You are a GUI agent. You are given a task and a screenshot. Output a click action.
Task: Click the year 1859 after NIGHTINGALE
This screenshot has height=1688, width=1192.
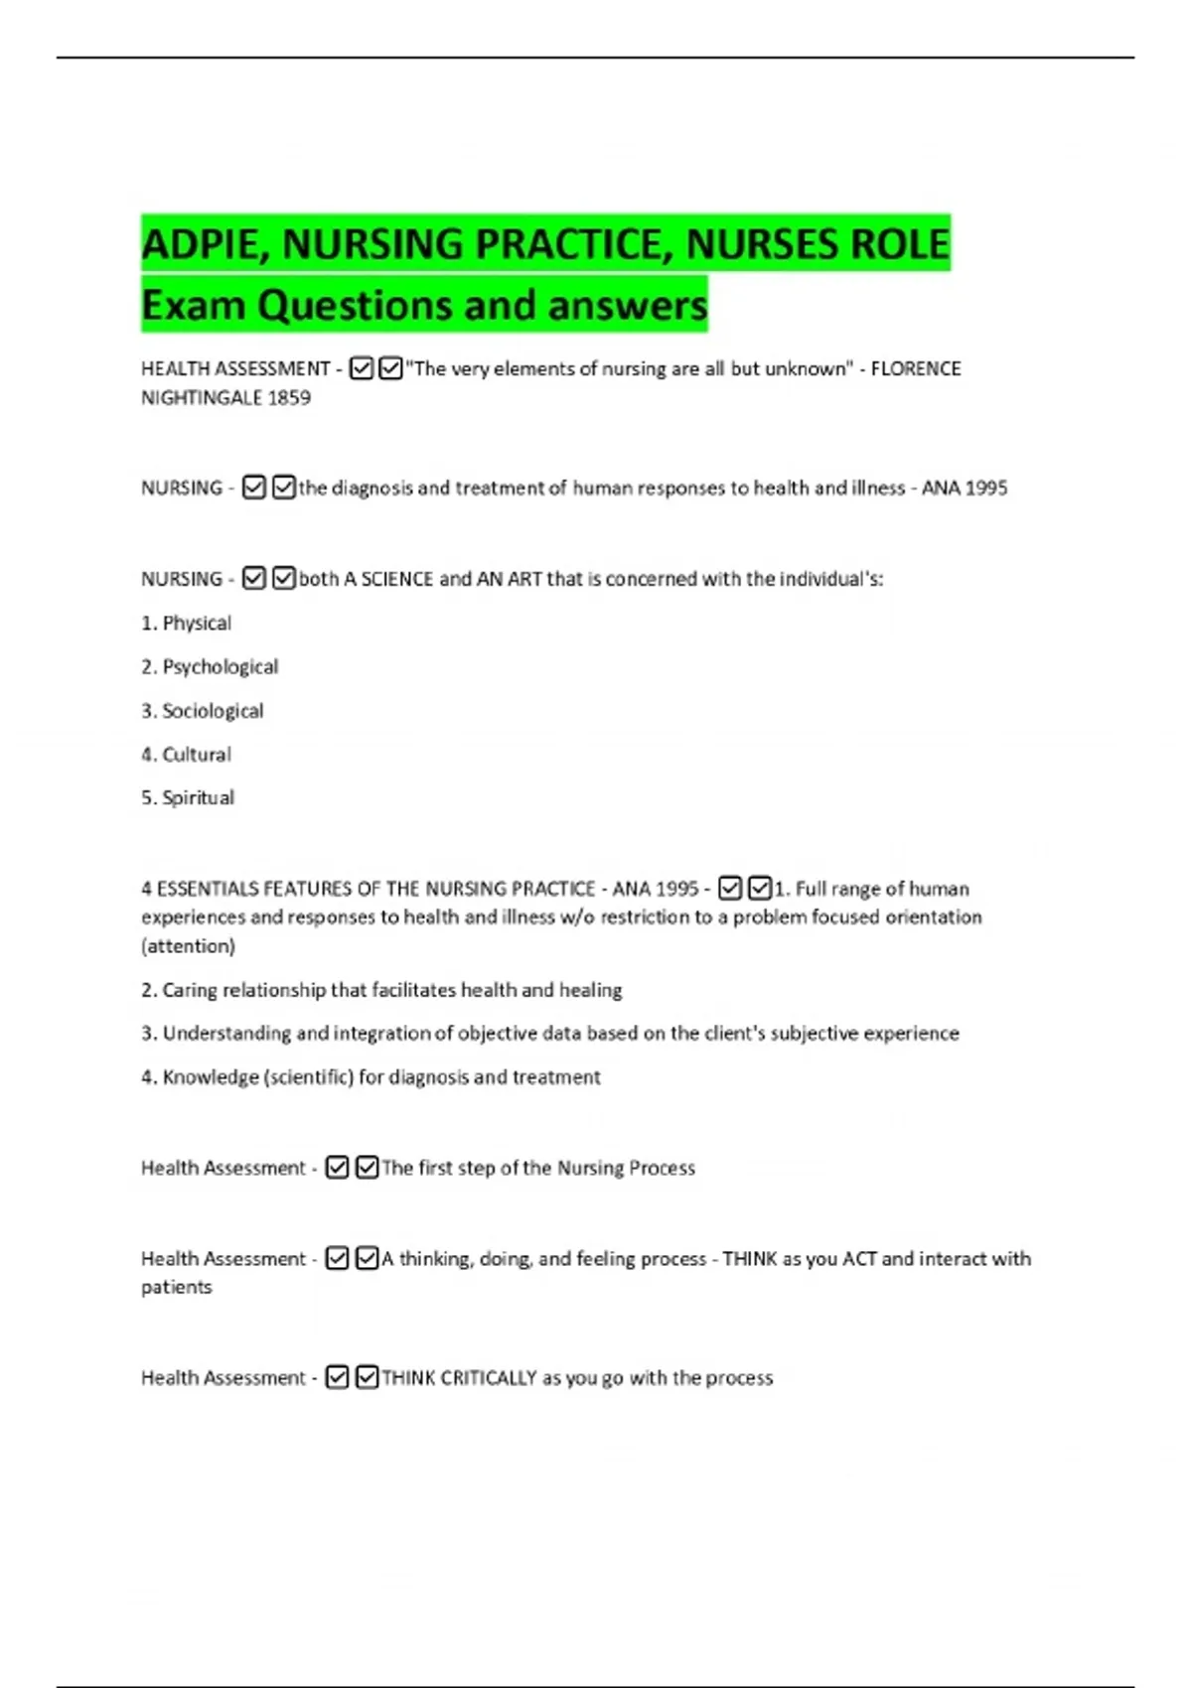(x=289, y=398)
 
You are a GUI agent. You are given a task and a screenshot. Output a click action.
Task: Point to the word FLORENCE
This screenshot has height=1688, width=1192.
(x=916, y=368)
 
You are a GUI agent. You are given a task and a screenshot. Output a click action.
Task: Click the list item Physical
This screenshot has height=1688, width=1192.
(x=197, y=624)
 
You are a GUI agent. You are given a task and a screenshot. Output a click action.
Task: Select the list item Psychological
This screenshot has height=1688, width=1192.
(x=221, y=667)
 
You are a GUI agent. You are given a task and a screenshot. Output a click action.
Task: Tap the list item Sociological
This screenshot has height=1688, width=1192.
(x=213, y=711)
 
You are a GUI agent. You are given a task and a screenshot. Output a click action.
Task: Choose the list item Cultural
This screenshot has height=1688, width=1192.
(x=197, y=755)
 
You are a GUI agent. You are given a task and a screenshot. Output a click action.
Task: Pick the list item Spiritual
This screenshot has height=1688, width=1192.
(x=199, y=798)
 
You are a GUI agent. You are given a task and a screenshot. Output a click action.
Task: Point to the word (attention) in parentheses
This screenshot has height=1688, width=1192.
(x=189, y=946)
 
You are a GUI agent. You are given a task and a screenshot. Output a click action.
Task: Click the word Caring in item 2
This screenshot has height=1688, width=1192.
(x=190, y=990)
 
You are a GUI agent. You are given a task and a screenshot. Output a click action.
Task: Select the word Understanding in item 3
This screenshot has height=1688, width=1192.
(x=226, y=1034)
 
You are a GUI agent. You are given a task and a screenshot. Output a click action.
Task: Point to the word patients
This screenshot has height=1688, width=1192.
(x=177, y=1288)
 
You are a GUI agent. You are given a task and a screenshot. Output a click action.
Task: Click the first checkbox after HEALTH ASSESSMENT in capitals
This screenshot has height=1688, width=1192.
(x=362, y=369)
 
